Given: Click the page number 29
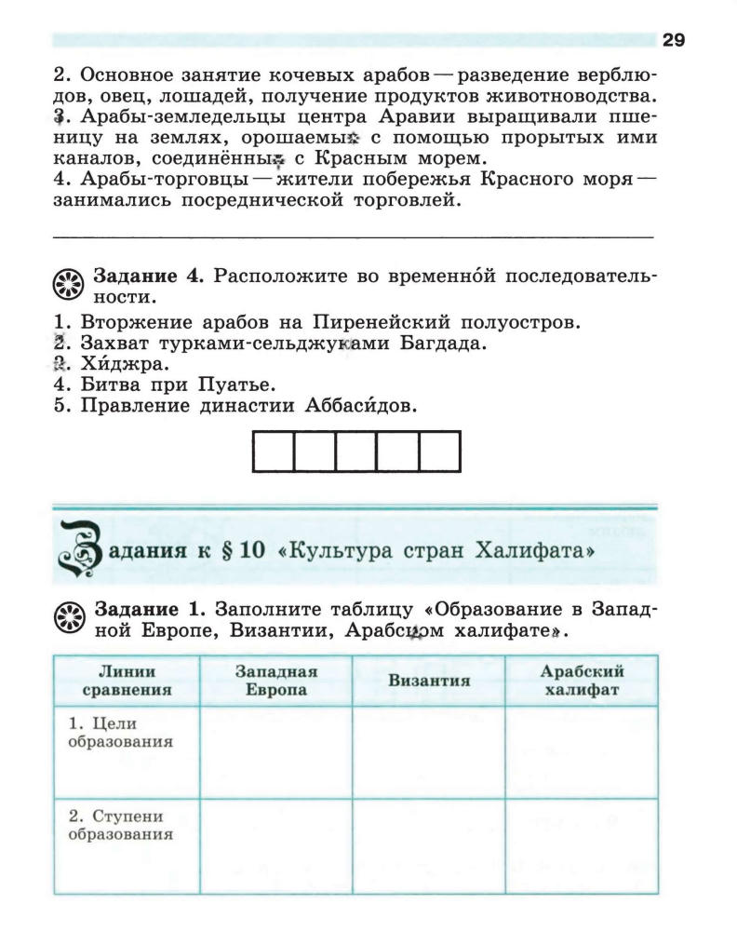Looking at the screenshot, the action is click(673, 40).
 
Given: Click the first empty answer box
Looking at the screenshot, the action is click(274, 452).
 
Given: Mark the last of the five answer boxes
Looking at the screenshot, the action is click(440, 452).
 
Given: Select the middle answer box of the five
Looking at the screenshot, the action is click(356, 452).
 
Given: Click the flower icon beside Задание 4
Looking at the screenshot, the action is click(70, 285).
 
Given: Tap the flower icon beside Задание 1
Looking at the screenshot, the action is click(70, 617).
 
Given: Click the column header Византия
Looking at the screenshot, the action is click(428, 681).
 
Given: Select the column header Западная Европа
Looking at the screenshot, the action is click(276, 681).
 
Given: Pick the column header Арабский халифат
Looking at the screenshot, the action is click(582, 681).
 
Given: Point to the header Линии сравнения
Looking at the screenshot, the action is click(127, 681).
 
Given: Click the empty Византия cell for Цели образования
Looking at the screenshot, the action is click(428, 752).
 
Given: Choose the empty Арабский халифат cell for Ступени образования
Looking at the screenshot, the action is click(582, 845).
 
